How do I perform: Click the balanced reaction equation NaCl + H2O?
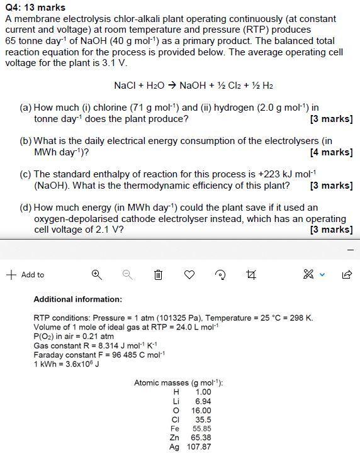(194, 86)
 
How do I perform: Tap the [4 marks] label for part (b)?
(331, 152)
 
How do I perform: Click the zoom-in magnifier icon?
(96, 275)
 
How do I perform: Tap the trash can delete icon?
(159, 275)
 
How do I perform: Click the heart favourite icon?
(189, 275)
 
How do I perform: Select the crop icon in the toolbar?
(252, 275)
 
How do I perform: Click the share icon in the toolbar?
(347, 275)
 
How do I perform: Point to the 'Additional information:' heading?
(78, 299)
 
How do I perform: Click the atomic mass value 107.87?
(199, 447)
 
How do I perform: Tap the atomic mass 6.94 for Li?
(203, 401)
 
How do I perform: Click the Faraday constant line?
(99, 355)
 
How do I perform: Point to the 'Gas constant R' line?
(95, 345)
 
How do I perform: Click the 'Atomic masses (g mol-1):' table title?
(179, 383)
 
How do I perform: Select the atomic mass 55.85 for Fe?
(201, 428)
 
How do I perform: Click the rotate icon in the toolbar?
(220, 275)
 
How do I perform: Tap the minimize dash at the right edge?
(351, 250)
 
